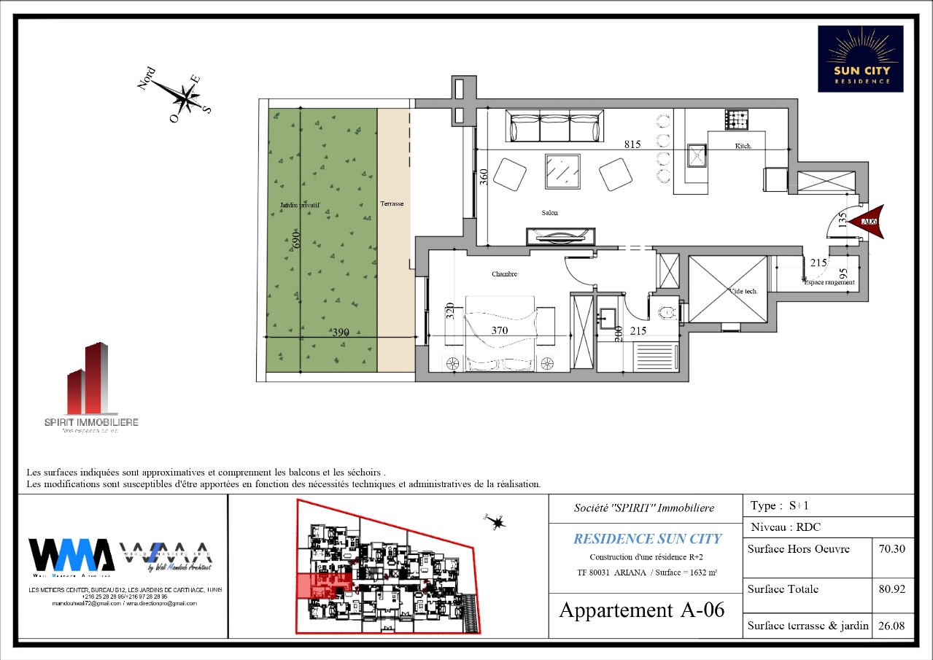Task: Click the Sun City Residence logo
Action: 860,58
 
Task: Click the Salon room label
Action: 549,213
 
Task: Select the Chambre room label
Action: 504,274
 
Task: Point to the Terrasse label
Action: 392,204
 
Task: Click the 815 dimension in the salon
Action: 632,144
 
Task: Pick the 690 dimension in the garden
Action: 296,238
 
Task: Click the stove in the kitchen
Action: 736,119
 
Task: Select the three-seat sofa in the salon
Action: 556,128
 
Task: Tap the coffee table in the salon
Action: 562,171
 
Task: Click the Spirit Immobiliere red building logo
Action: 89,379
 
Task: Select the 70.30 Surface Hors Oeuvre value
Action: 893,549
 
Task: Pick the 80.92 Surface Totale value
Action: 893,589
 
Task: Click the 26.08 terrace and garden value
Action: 893,626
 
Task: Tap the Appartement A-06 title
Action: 642,610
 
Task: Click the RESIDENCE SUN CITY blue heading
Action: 647,539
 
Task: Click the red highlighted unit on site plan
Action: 321,586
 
